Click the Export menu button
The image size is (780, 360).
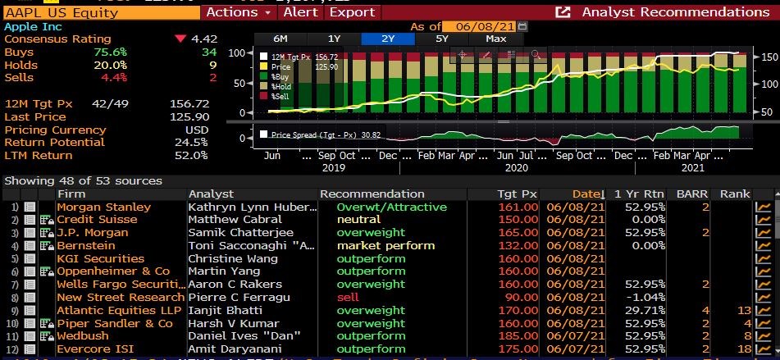tap(352, 11)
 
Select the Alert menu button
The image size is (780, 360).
tap(301, 11)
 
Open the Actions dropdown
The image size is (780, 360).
tap(237, 11)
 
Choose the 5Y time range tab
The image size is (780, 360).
tap(442, 39)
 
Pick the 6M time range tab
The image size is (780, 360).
tap(281, 39)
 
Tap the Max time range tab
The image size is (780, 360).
tap(496, 39)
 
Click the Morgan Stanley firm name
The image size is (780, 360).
tap(103, 207)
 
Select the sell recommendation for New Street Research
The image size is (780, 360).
tap(348, 298)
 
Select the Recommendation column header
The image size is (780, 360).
tap(372, 194)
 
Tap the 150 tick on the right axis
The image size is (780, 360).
tap(769, 57)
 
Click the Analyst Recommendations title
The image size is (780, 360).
tap(675, 11)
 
